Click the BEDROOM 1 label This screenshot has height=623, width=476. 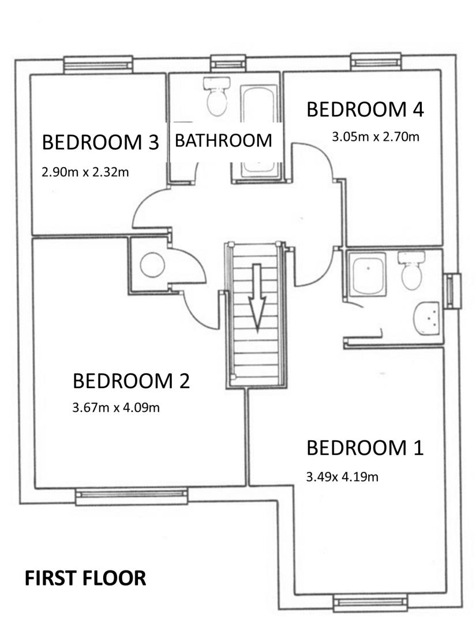pos(365,448)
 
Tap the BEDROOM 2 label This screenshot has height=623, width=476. pos(131,381)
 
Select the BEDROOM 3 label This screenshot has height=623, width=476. pos(100,142)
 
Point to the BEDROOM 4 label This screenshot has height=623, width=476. pos(365,109)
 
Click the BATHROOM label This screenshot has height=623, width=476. pos(223,140)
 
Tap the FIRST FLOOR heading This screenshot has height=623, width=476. pos(85,578)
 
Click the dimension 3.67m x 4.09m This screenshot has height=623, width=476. pos(116,408)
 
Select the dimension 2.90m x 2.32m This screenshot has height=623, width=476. pos(85,172)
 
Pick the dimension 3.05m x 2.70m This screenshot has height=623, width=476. pos(376,137)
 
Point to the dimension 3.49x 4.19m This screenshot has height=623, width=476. pos(342,476)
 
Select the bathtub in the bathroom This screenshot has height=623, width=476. pos(258,131)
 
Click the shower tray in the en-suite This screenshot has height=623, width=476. pos(368,274)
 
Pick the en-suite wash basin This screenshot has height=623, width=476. pos(426,318)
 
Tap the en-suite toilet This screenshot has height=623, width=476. pos(411,270)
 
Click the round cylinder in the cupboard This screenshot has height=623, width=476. pos(152,265)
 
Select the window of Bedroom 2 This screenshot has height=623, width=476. pos(131,497)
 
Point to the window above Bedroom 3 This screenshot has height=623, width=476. pos(98,65)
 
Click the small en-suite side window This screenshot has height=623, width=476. pos(452,291)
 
